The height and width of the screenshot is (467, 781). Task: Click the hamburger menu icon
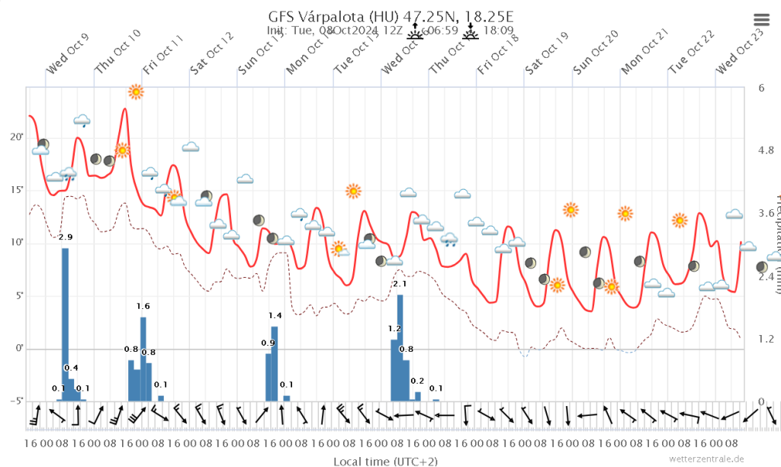761,21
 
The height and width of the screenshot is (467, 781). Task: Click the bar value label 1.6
143,306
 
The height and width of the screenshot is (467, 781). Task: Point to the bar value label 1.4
275,315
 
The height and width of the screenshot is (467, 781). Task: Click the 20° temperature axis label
16,137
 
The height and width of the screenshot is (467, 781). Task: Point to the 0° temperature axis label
19,349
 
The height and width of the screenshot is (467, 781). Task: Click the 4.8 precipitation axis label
764,151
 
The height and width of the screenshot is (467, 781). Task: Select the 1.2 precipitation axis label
764,339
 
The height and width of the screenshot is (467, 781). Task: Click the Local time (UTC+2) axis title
385,462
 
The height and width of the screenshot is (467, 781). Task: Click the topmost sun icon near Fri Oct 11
136,92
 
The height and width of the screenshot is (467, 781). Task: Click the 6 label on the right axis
761,88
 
